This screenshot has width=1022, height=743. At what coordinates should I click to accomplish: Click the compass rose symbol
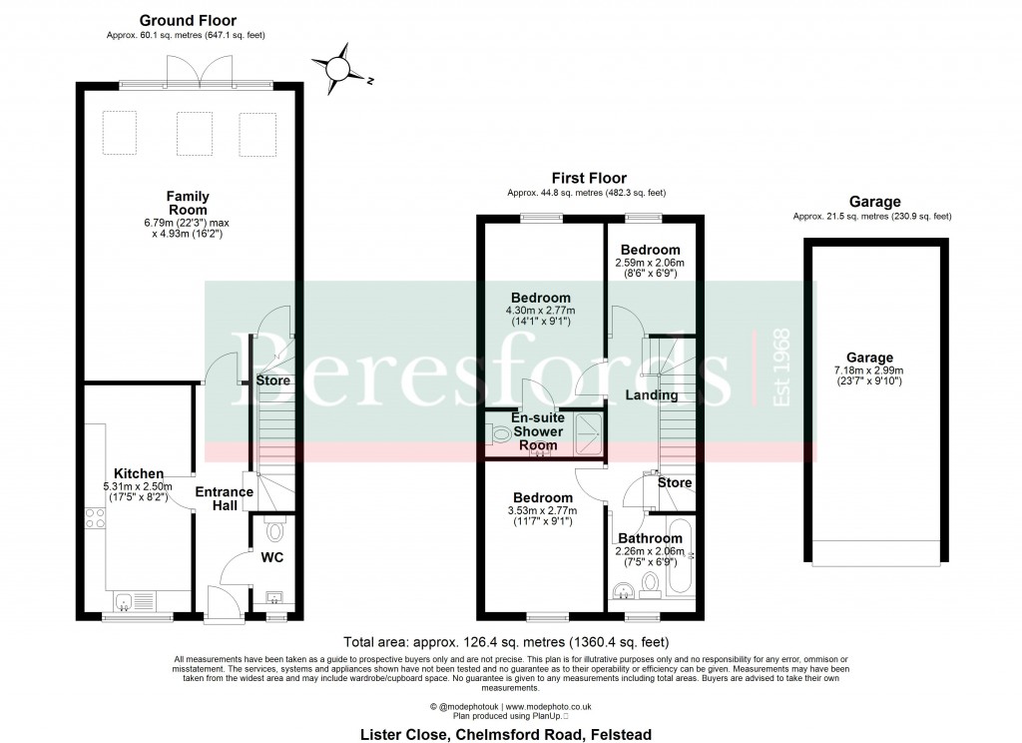(x=339, y=68)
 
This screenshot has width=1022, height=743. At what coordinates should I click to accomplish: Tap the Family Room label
(x=188, y=203)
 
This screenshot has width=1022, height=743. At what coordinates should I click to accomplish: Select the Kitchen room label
(x=139, y=473)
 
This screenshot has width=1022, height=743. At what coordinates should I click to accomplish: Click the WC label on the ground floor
(x=272, y=557)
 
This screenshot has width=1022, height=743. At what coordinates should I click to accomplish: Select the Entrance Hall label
(x=224, y=498)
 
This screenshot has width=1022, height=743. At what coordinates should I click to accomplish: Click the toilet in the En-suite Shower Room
(x=499, y=433)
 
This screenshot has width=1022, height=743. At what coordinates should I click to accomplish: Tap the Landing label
(x=652, y=395)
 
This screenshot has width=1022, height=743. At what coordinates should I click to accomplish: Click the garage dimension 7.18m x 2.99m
(x=870, y=371)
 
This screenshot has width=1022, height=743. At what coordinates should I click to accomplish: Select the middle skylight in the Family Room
(x=195, y=134)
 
